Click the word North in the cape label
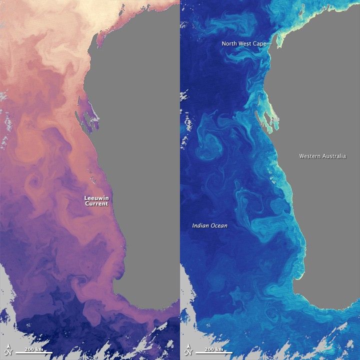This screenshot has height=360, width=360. click(230, 44)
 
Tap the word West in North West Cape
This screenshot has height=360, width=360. click(245, 44)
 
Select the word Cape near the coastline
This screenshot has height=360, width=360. click(259, 44)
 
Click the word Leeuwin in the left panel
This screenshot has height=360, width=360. click(96, 198)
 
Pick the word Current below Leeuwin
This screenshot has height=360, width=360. click(96, 204)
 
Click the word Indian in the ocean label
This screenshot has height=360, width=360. click(201, 226)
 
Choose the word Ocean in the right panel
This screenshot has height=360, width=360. click(219, 226)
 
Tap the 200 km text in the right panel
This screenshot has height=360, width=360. click(214, 348)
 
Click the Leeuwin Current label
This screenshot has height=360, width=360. click(96, 201)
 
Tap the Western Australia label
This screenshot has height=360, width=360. click(322, 156)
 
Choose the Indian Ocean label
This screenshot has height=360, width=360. click(210, 226)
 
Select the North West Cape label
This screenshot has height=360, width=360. click(244, 44)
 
